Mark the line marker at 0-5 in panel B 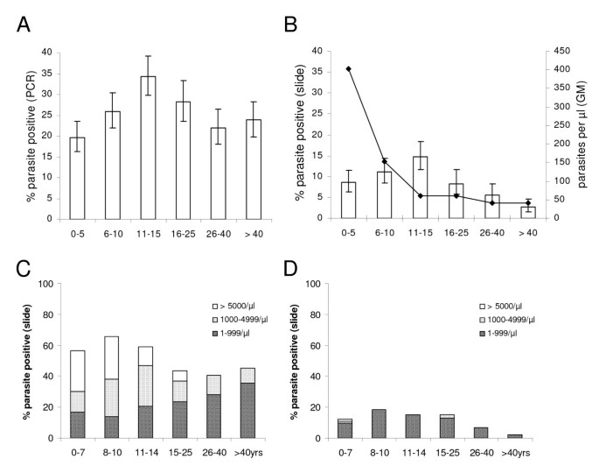point(348,68)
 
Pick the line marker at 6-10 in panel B point(384,161)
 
